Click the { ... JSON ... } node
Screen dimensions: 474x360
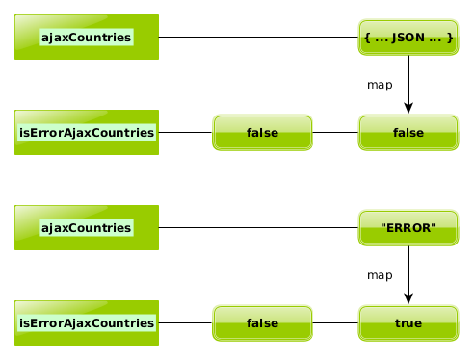(x=408, y=38)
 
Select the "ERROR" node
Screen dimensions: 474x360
(x=408, y=228)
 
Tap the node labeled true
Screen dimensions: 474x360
(x=408, y=323)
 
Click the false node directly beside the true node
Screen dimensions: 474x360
(x=262, y=323)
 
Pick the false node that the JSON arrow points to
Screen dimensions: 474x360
(x=408, y=133)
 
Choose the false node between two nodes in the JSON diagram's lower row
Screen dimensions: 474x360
(x=262, y=133)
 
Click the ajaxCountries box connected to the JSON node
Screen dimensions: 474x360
(x=87, y=37)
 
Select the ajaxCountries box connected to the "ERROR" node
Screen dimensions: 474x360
(x=87, y=227)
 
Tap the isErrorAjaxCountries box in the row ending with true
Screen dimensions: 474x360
(x=87, y=322)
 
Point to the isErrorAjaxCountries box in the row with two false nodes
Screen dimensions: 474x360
(x=87, y=132)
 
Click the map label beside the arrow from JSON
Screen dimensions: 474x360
(x=380, y=85)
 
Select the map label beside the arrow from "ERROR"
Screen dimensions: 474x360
(x=380, y=275)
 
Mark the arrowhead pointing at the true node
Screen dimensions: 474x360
(x=408, y=298)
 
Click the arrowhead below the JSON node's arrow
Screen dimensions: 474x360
(x=408, y=108)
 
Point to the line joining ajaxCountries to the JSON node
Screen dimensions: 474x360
(x=258, y=37)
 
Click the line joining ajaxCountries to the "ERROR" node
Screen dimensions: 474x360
(x=258, y=227)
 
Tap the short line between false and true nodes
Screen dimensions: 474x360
(x=335, y=322)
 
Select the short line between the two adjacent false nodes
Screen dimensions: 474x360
(x=335, y=132)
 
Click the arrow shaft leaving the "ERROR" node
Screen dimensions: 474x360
(x=408, y=270)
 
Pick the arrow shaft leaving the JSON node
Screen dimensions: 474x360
(x=408, y=80)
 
